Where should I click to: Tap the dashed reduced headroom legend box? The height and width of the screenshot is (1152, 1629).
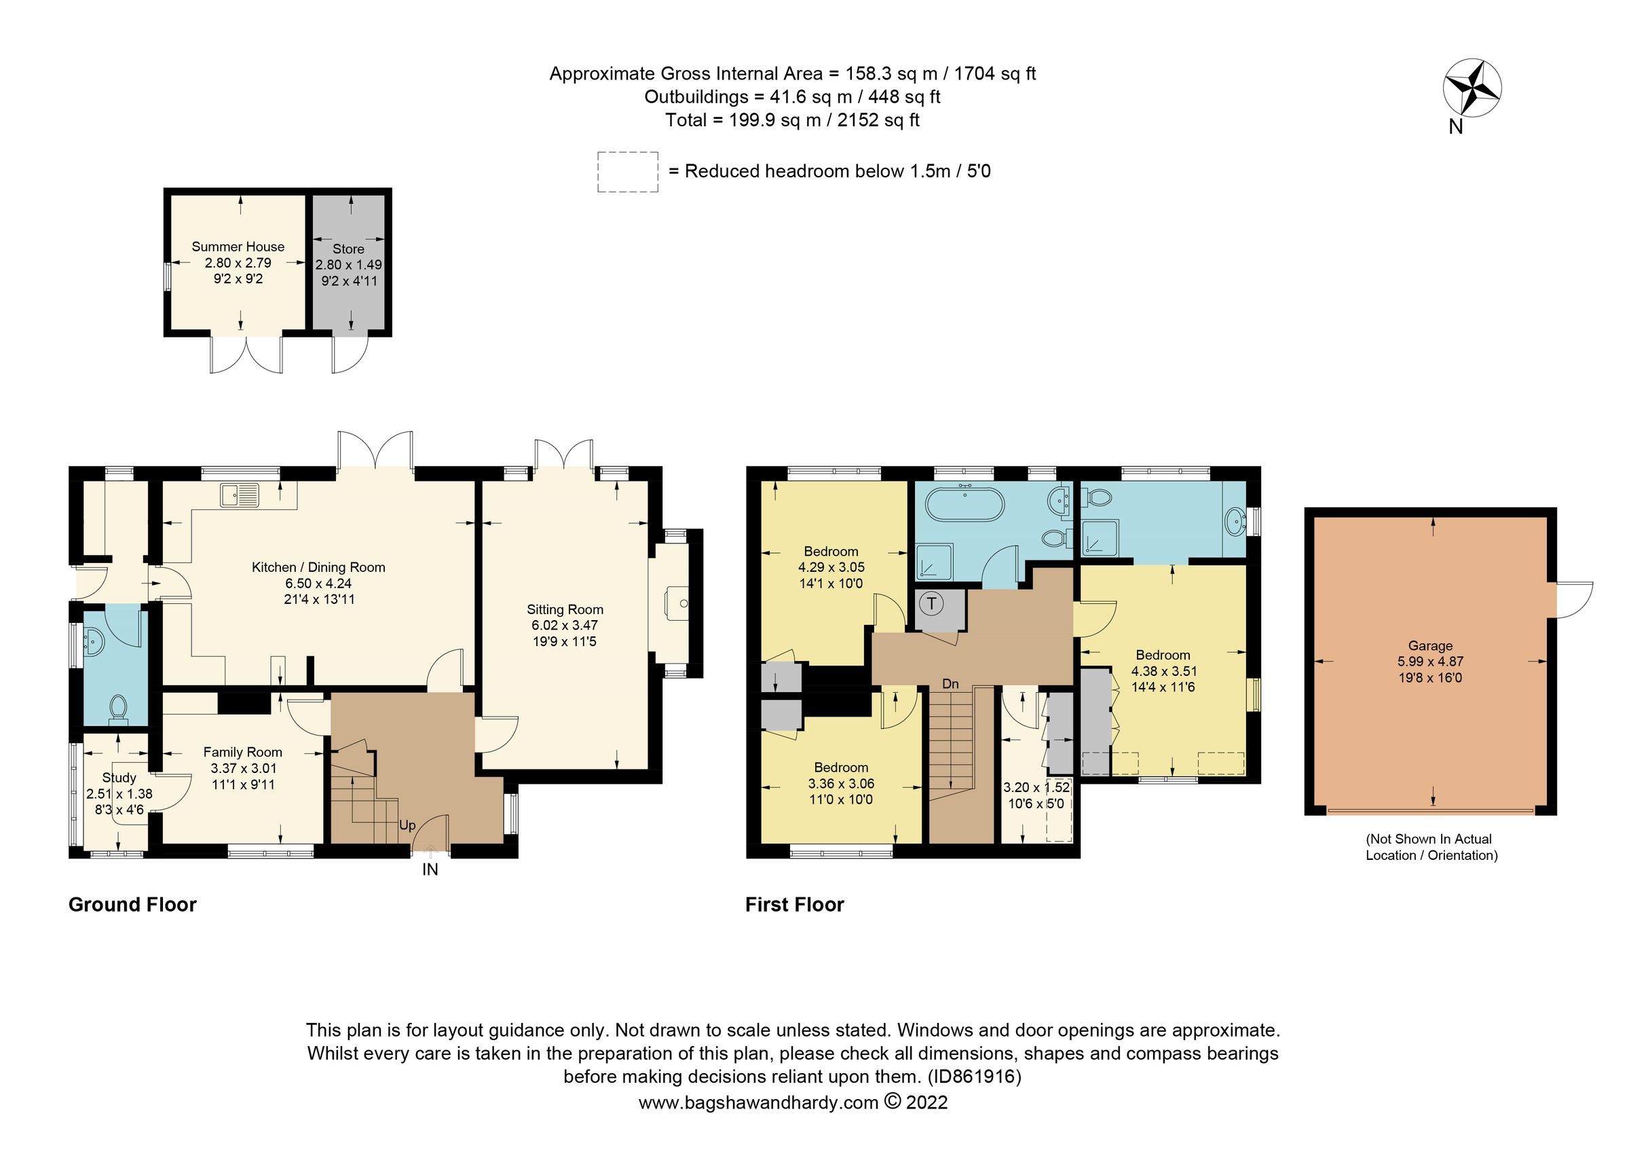click(627, 172)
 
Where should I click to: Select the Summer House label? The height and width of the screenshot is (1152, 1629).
click(238, 247)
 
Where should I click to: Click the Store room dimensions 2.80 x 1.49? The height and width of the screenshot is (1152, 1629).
click(348, 265)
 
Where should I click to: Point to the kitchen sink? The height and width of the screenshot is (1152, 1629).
click(239, 494)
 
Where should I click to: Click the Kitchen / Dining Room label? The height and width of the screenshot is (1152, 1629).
click(318, 567)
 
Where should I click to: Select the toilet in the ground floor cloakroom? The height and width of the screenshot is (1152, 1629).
click(118, 708)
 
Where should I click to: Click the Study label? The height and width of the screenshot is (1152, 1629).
click(119, 778)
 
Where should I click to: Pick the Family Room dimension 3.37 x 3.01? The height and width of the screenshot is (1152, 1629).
click(244, 768)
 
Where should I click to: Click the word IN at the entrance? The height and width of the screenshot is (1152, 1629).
click(430, 870)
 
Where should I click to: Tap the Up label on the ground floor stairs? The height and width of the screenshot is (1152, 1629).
click(407, 825)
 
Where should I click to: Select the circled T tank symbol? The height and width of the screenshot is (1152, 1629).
click(931, 604)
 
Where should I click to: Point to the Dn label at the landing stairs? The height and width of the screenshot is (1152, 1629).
click(950, 684)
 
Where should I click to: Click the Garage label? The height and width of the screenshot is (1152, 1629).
click(1429, 646)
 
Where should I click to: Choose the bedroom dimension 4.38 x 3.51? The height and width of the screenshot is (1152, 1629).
click(1163, 672)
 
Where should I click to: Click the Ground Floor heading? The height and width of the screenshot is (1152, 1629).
click(132, 905)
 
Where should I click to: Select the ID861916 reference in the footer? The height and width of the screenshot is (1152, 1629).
click(974, 1077)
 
